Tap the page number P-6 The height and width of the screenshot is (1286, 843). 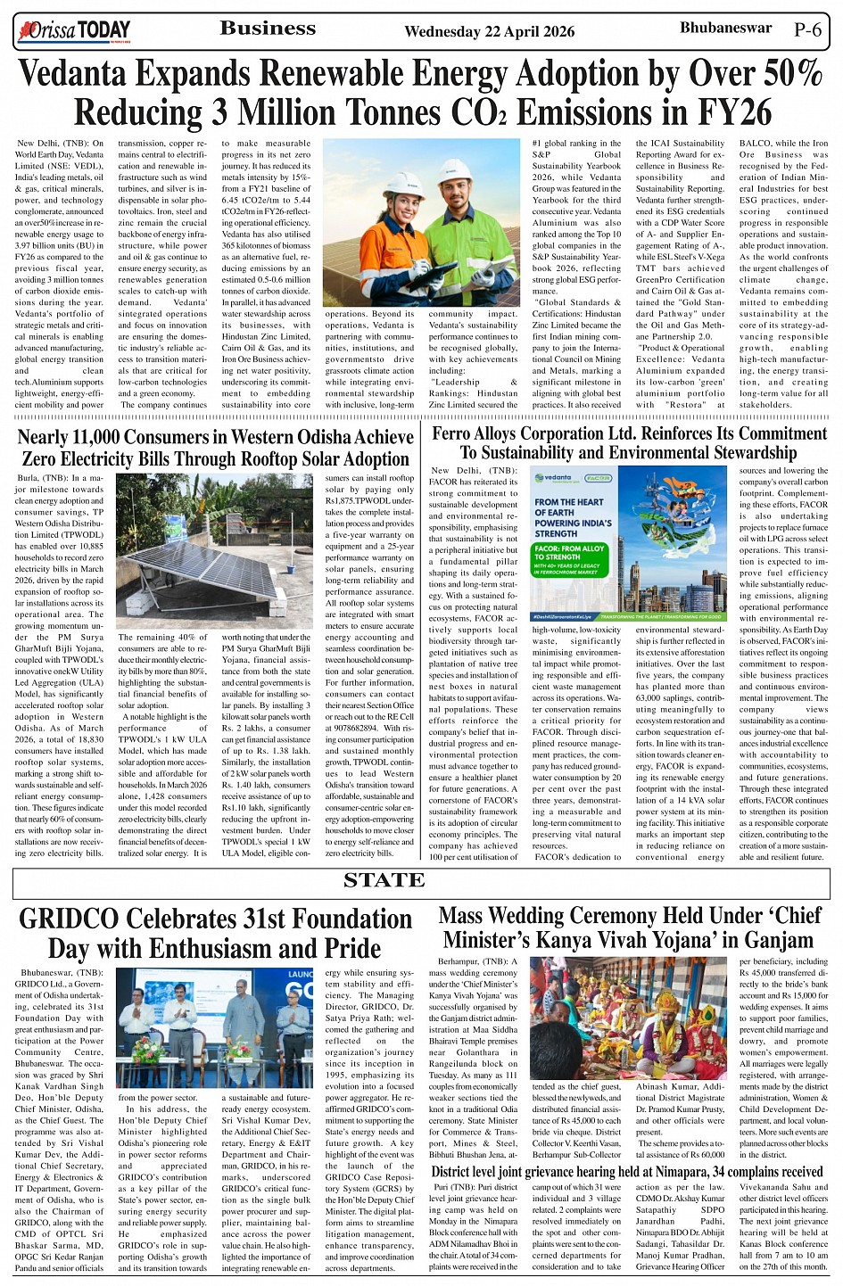(807, 29)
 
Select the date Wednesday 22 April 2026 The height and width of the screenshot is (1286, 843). (489, 32)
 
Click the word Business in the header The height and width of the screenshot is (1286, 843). (268, 29)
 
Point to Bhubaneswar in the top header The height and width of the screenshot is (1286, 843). (725, 28)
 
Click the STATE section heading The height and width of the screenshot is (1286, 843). (384, 881)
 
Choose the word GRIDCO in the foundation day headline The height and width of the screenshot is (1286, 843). (81, 919)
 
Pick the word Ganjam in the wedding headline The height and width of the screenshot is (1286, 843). (773, 940)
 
